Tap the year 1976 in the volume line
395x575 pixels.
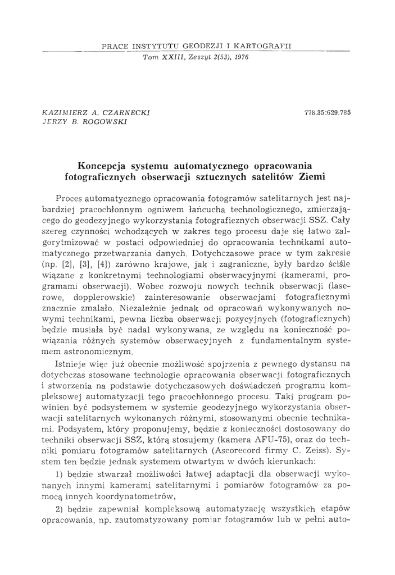pyautogui.click(x=239, y=57)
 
